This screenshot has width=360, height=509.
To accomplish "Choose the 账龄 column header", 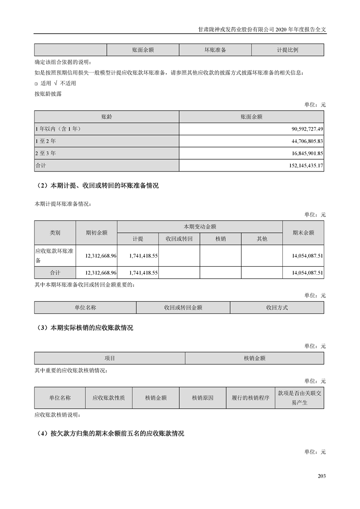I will [x=107, y=117].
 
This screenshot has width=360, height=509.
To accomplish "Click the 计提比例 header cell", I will [x=287, y=50].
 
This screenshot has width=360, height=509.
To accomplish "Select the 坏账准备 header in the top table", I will [x=215, y=50].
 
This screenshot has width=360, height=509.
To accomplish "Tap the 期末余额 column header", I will [x=303, y=232].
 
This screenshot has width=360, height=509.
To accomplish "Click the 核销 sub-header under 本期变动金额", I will [x=220, y=239].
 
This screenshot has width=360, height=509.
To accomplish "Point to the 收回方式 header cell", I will [x=277, y=308].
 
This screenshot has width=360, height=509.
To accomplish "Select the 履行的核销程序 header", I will [x=251, y=398].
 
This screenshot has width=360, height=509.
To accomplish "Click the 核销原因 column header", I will [x=202, y=398].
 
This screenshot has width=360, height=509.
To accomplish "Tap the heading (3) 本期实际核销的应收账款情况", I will [x=84, y=328].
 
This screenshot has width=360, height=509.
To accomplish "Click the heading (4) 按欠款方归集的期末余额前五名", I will [x=110, y=434].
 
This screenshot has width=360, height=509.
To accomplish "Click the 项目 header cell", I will [x=110, y=358].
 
